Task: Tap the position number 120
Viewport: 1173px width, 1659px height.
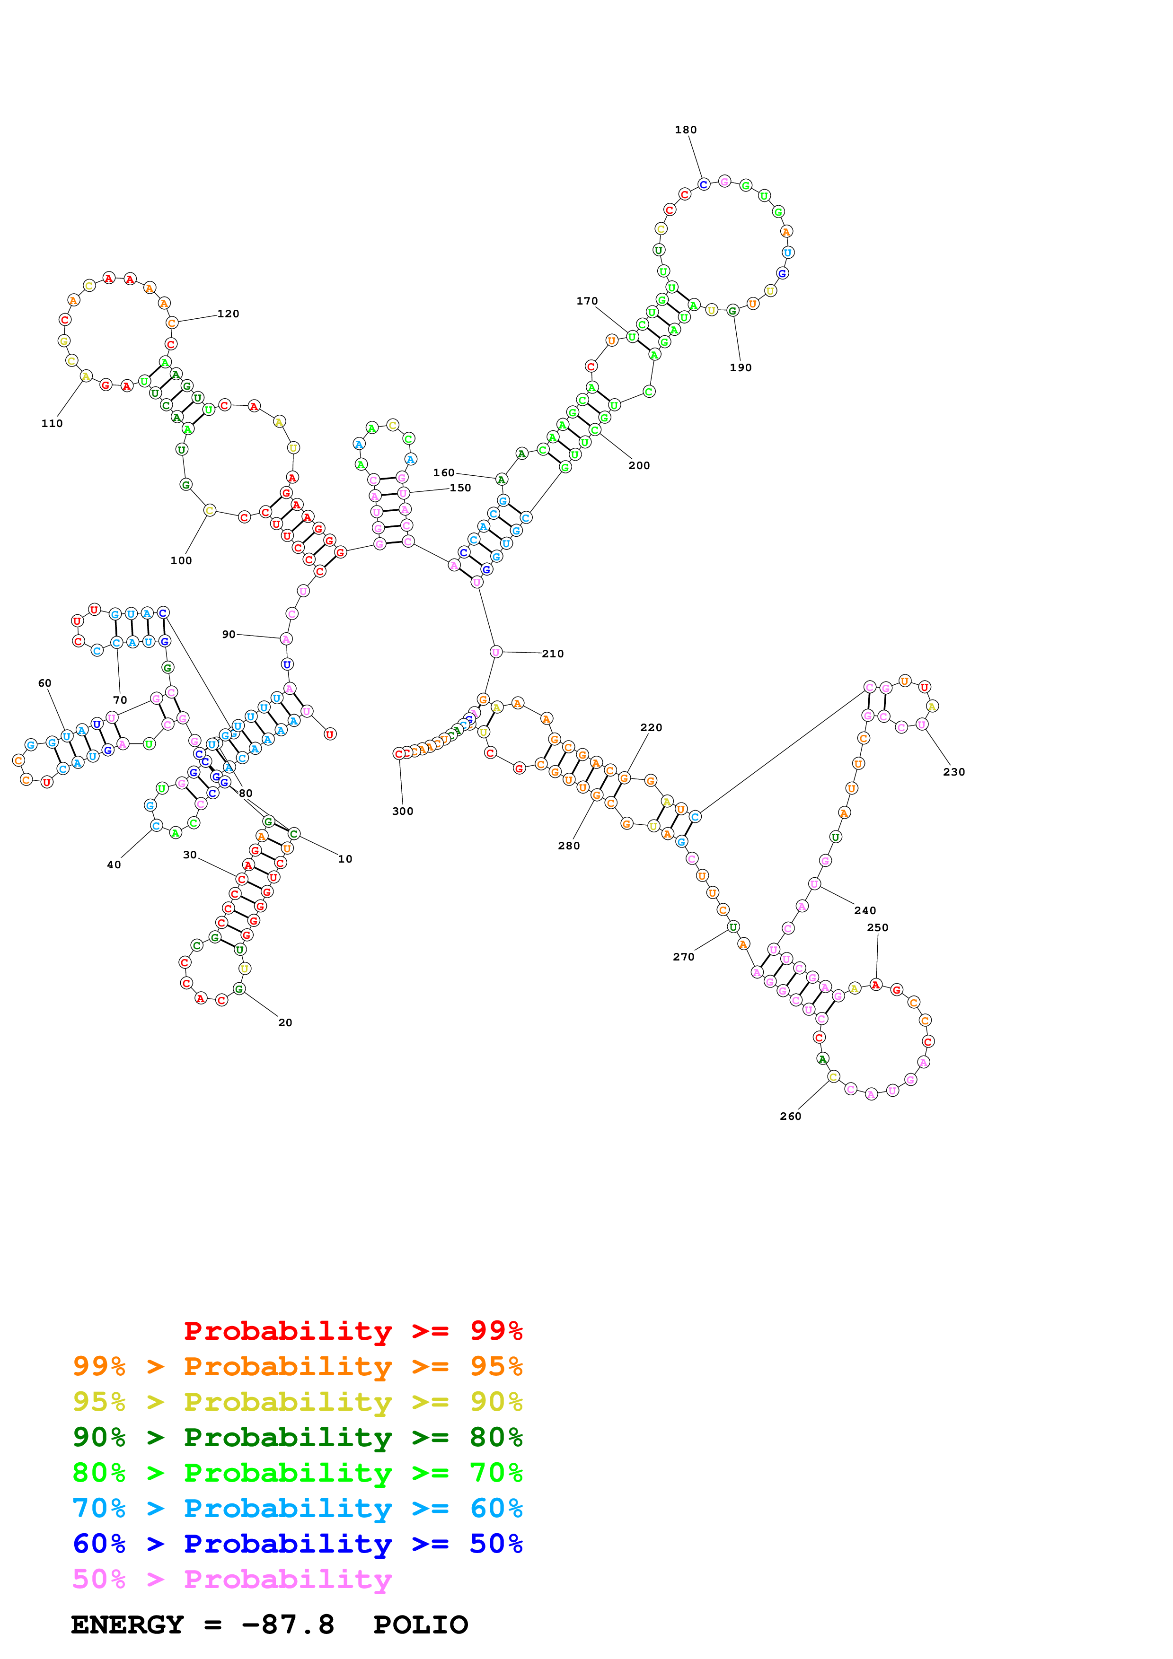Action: (229, 314)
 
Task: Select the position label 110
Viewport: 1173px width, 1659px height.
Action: (52, 423)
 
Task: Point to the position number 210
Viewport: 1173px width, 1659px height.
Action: (553, 654)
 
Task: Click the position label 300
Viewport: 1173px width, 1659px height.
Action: (403, 812)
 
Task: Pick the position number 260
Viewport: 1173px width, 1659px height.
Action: (791, 1117)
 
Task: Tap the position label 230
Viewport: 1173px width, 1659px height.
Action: (954, 772)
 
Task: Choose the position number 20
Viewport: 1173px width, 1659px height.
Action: (285, 1022)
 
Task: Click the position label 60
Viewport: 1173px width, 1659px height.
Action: (45, 683)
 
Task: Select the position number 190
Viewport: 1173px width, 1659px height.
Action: (741, 368)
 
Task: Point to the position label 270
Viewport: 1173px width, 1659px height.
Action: (684, 957)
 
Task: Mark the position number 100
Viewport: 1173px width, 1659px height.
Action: (181, 561)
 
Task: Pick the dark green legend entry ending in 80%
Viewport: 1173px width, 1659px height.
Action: (298, 1437)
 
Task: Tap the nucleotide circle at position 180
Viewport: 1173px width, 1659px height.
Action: (703, 184)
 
